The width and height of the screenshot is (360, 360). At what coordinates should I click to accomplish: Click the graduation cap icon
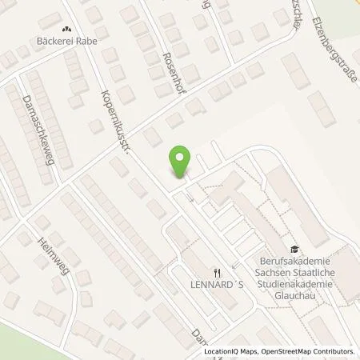pyautogui.click(x=294, y=249)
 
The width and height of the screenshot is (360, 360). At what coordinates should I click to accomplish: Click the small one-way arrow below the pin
pyautogui.click(x=190, y=196)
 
